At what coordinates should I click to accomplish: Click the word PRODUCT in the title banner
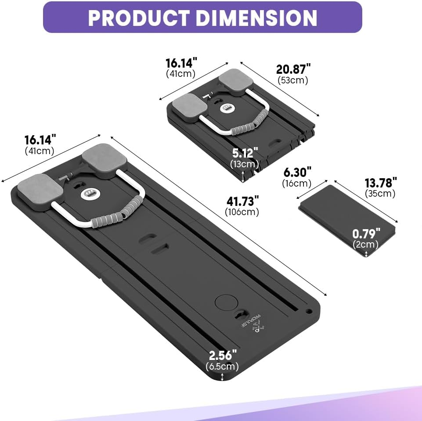point(138,18)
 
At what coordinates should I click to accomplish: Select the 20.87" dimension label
point(293,69)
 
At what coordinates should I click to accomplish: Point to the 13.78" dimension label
point(381,182)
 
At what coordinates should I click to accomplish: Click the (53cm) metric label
point(293,80)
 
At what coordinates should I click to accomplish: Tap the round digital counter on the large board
point(90,193)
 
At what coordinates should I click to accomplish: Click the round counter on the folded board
point(227,108)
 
